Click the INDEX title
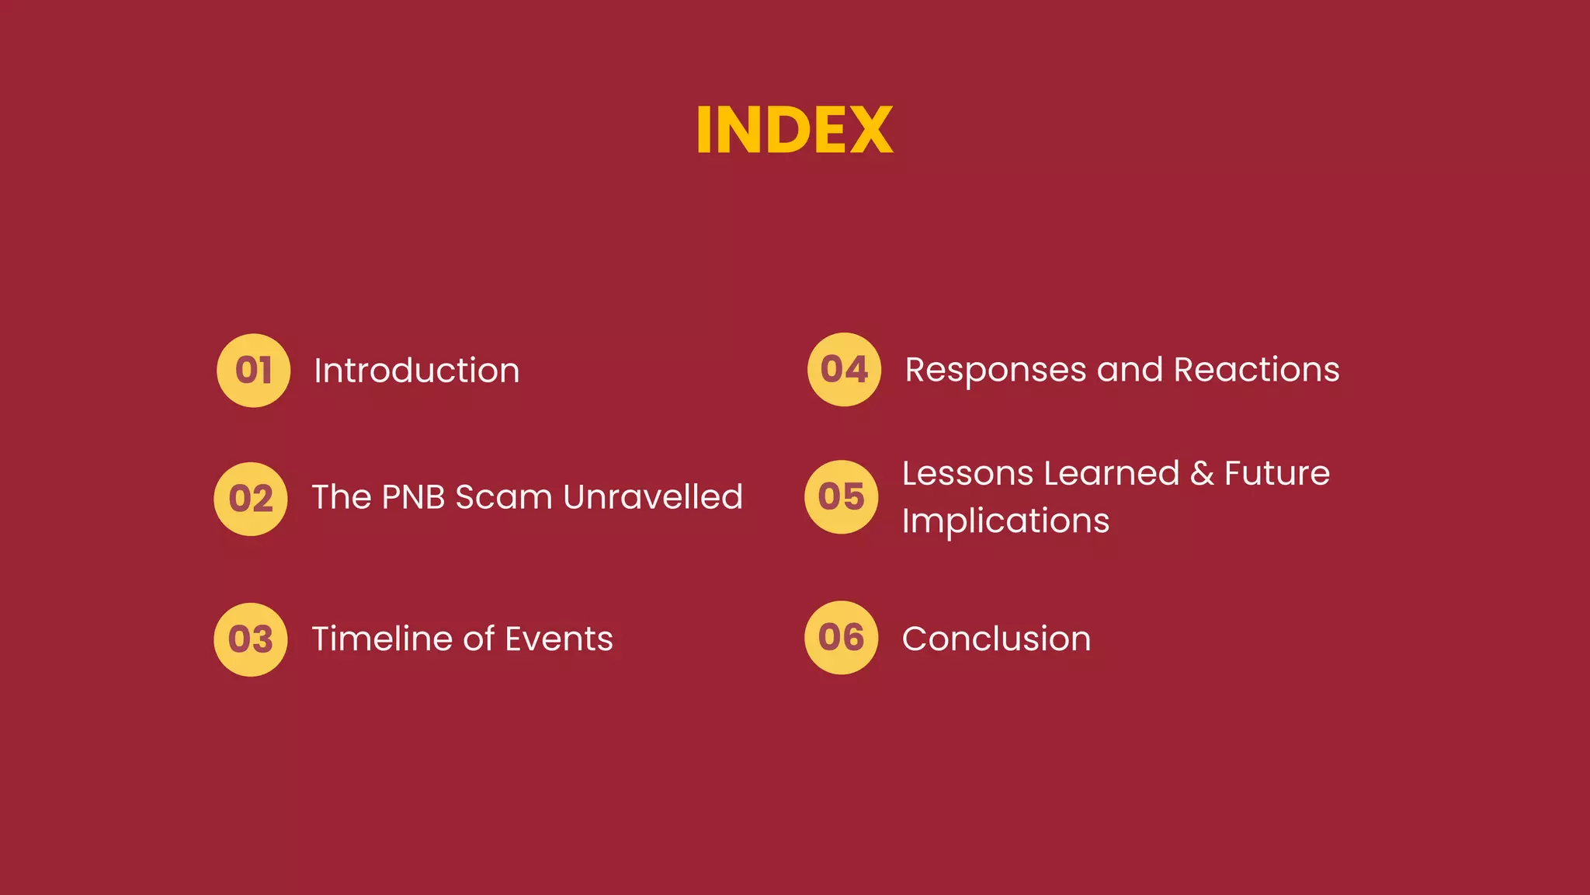(x=794, y=130)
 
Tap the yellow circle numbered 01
(x=253, y=371)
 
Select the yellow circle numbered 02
(x=251, y=499)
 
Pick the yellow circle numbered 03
(x=251, y=639)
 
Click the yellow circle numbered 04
(x=844, y=369)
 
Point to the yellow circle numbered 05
(x=842, y=497)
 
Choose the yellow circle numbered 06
(x=842, y=638)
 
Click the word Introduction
(x=416, y=371)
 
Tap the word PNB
(x=413, y=497)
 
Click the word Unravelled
(x=653, y=497)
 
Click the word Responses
(x=995, y=371)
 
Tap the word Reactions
(x=1256, y=369)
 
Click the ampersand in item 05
(x=1202, y=473)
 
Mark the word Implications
(x=1005, y=521)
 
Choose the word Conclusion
(x=996, y=639)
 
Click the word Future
(x=1277, y=473)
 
